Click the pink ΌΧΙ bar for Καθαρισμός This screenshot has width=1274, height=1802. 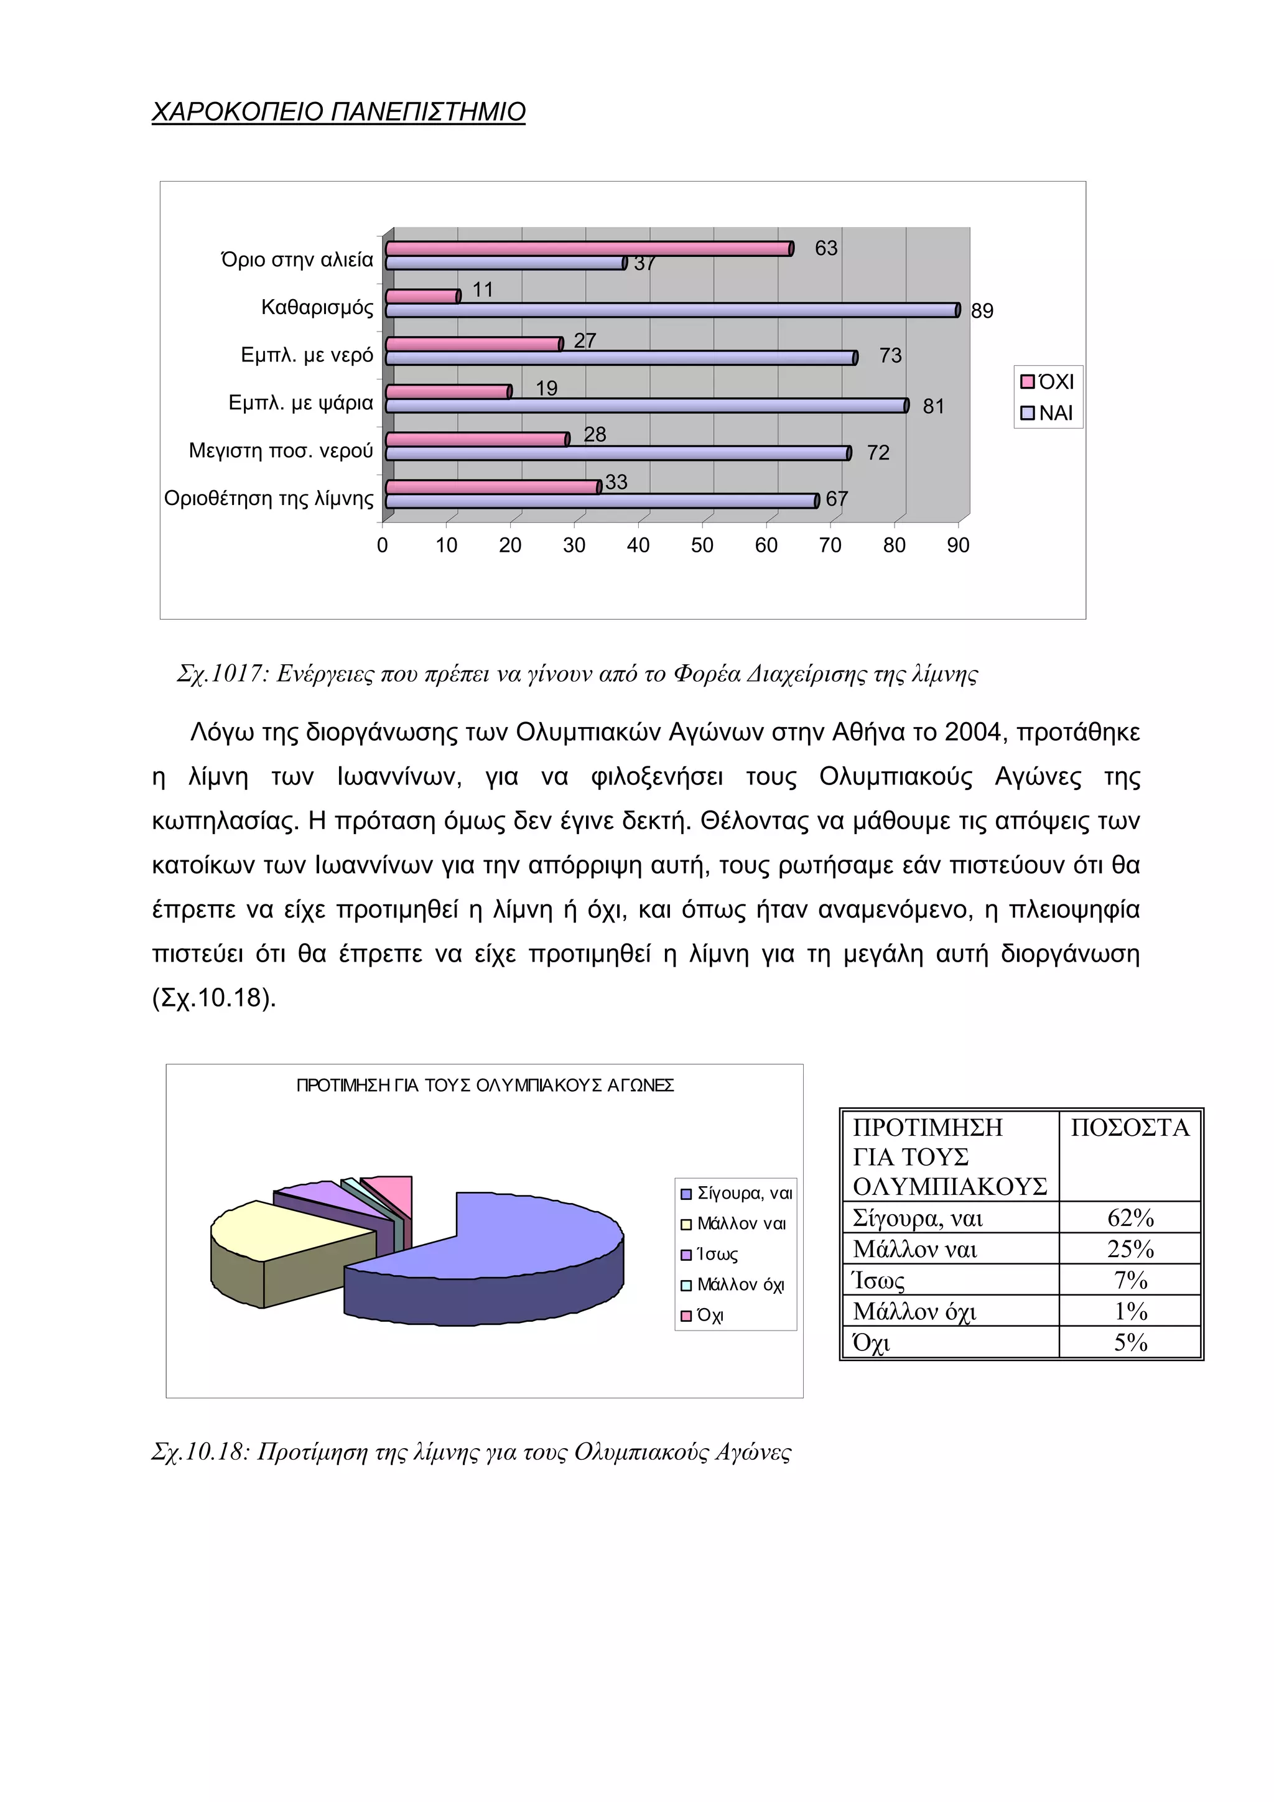(x=422, y=297)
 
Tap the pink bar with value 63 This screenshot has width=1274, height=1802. (x=588, y=249)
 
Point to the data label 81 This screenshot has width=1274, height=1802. (x=932, y=407)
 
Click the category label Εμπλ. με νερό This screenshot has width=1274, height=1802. (x=307, y=356)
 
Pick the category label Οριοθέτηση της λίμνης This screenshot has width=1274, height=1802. (x=269, y=499)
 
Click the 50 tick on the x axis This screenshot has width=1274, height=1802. (x=702, y=546)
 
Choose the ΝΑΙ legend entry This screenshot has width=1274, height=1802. (x=1047, y=414)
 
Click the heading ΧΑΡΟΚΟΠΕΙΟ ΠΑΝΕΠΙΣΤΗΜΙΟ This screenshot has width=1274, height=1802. (x=338, y=112)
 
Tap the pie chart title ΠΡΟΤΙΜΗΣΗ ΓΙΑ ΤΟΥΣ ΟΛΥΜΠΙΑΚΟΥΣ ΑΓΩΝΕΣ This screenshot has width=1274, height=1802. (x=485, y=1085)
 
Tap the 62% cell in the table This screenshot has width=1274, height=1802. (x=1130, y=1218)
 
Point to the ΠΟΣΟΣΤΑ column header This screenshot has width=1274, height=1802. (x=1130, y=1128)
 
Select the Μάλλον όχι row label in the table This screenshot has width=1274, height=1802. (x=914, y=1311)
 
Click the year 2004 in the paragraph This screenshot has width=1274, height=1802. (x=974, y=732)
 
